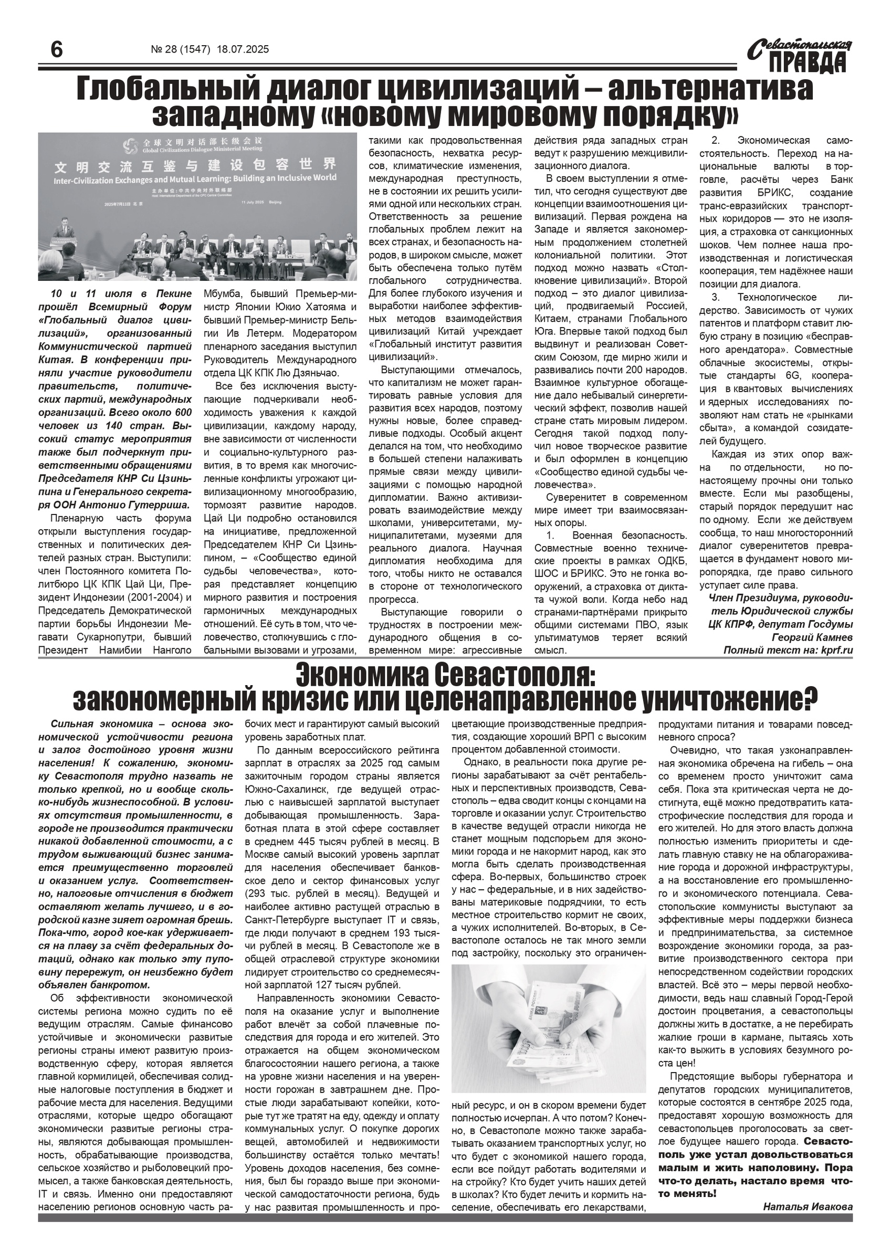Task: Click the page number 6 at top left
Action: pos(56,50)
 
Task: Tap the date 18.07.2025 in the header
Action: pos(243,49)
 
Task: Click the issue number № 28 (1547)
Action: pos(181,49)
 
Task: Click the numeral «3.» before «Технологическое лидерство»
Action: pos(716,298)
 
